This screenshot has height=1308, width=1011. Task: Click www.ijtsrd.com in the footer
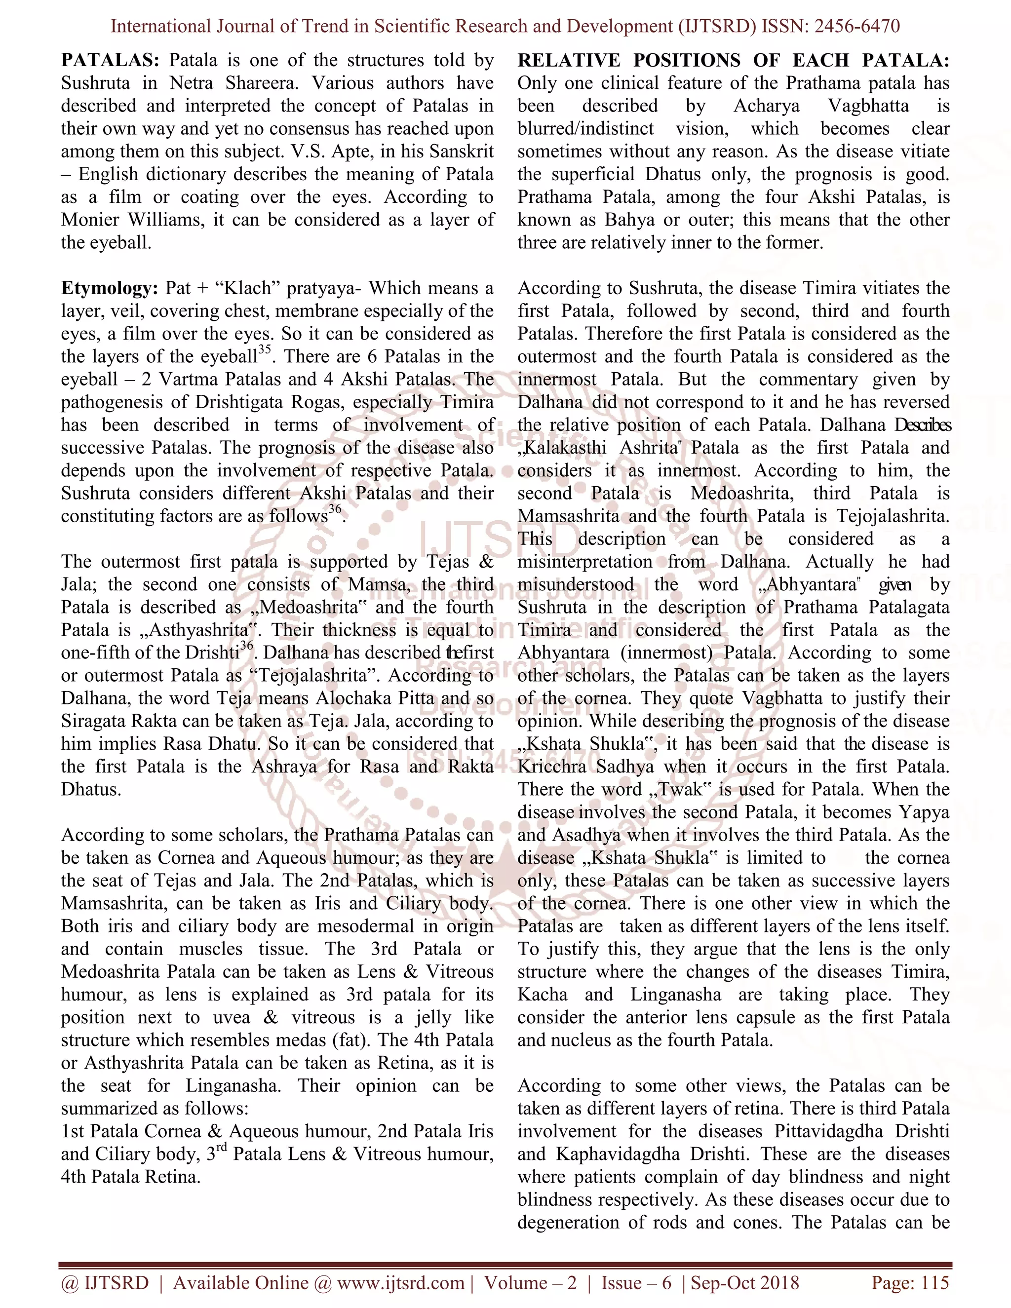[x=401, y=1282]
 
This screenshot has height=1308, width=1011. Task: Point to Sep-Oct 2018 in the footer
[x=744, y=1282]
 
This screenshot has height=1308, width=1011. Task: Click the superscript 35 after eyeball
[x=265, y=350]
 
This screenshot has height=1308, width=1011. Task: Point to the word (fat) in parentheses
[x=356, y=1040]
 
